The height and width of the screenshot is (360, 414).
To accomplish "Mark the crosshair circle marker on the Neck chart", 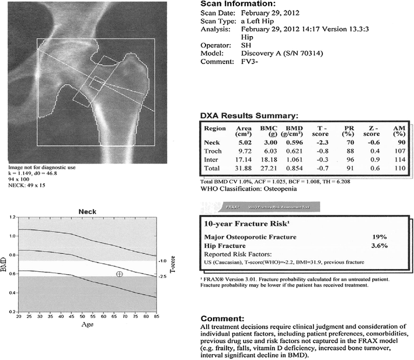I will [x=119, y=274].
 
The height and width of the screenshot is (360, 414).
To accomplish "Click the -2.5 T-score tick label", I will [x=163, y=277].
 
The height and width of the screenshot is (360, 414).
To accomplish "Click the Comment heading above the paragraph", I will [x=222, y=319].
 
